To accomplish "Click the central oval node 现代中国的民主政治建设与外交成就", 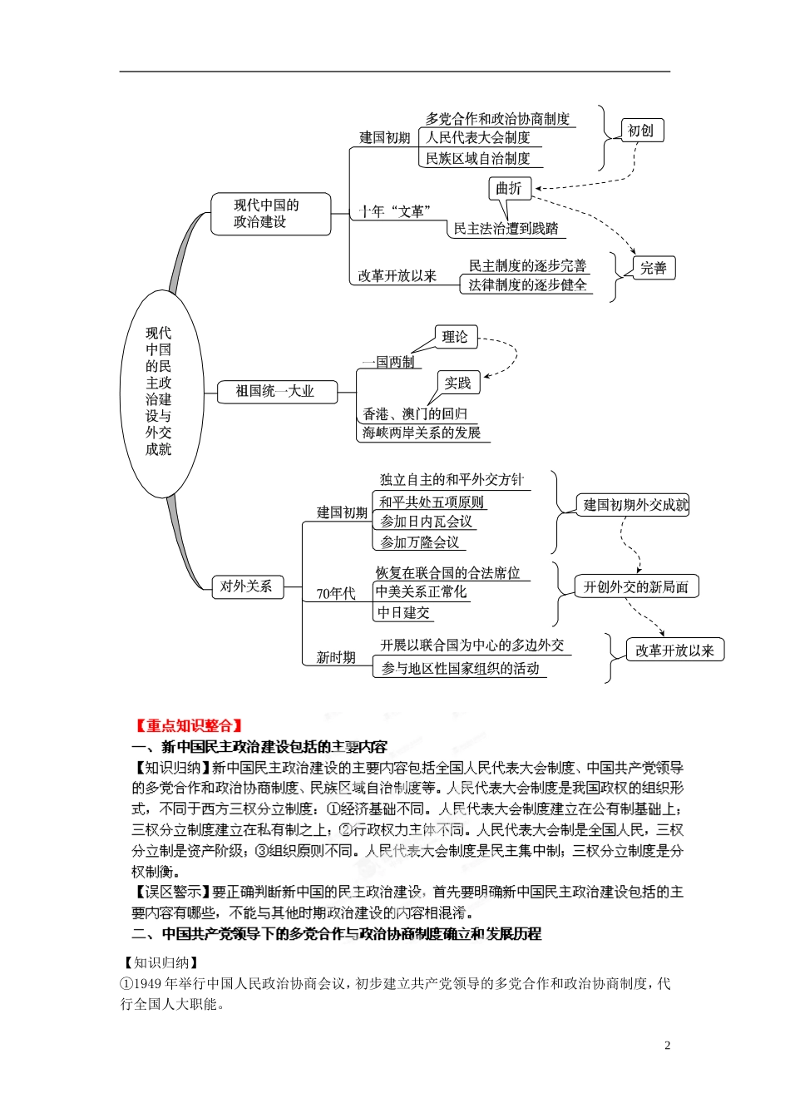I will tap(159, 390).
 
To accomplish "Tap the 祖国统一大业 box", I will tap(275, 391).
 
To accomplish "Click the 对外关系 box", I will tap(246, 586).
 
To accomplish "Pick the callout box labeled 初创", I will tap(641, 131).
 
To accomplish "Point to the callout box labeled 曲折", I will tap(508, 189).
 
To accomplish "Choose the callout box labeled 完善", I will tap(653, 268).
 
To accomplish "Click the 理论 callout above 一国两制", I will tap(456, 337).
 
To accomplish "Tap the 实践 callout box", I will tap(457, 383).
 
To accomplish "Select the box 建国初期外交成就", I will tap(635, 504).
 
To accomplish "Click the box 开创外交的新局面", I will tap(636, 586).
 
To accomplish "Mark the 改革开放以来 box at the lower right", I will tap(674, 651).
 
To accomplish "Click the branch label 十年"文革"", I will tap(393, 212).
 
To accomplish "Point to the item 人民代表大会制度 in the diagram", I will tap(478, 138).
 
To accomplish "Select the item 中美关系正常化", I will tap(422, 592).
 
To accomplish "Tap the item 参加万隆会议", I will tap(420, 542).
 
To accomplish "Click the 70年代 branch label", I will tap(336, 594).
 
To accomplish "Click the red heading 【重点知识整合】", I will tap(189, 725).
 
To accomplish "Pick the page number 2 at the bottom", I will tap(667, 1046).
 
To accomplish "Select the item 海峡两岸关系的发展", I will tap(422, 433).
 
